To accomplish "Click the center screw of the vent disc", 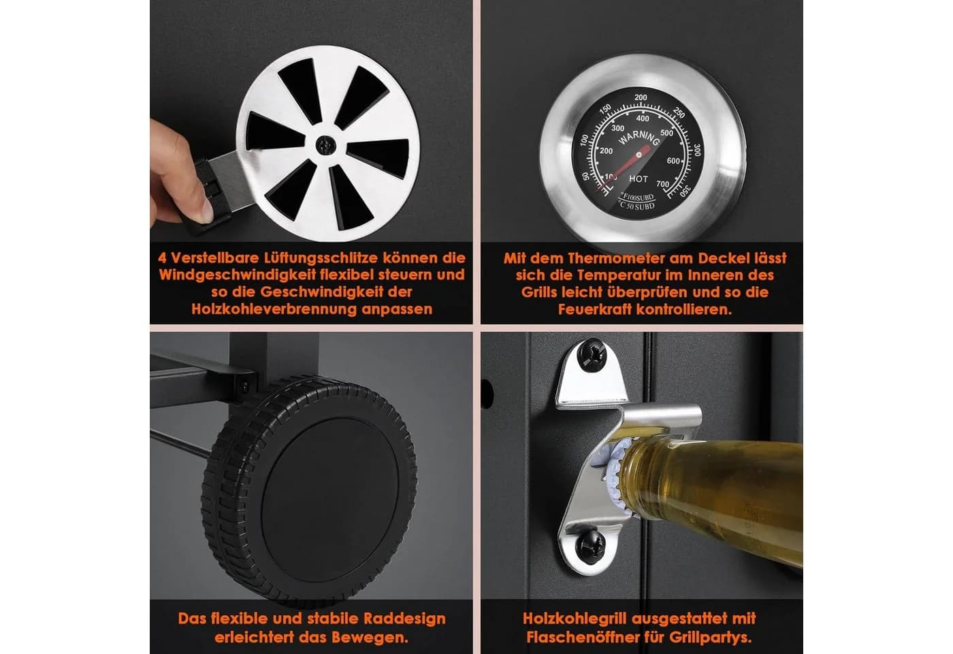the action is click(326, 145).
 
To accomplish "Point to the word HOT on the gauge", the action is click(639, 178).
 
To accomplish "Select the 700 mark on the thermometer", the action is click(662, 184).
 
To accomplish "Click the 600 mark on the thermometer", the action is click(673, 161).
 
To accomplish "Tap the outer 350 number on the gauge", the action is click(685, 191).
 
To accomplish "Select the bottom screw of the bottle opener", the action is click(589, 546).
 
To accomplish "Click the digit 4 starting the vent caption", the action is click(162, 258).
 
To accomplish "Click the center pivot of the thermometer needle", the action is click(639, 156).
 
